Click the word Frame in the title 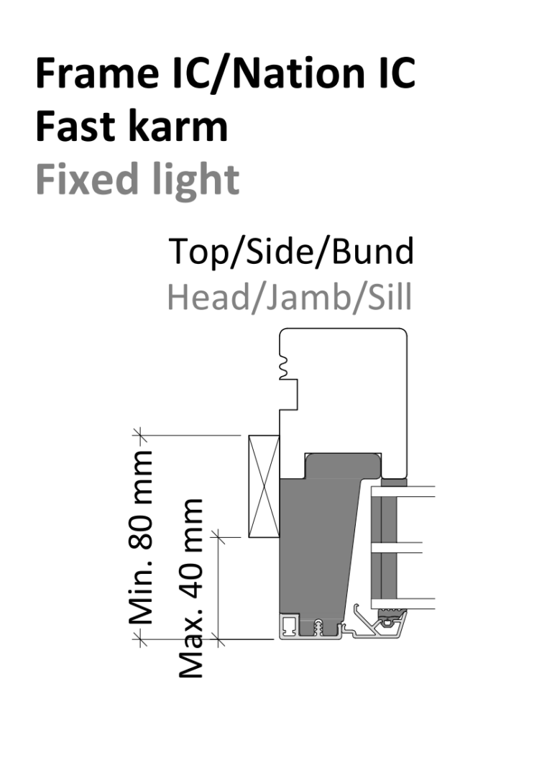tap(97, 73)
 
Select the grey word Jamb tap(308, 297)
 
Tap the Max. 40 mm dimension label tap(191, 589)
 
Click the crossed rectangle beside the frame tap(264, 486)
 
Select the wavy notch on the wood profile tap(284, 368)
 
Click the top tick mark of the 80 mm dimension tap(140, 435)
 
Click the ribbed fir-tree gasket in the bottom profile tap(318, 627)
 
